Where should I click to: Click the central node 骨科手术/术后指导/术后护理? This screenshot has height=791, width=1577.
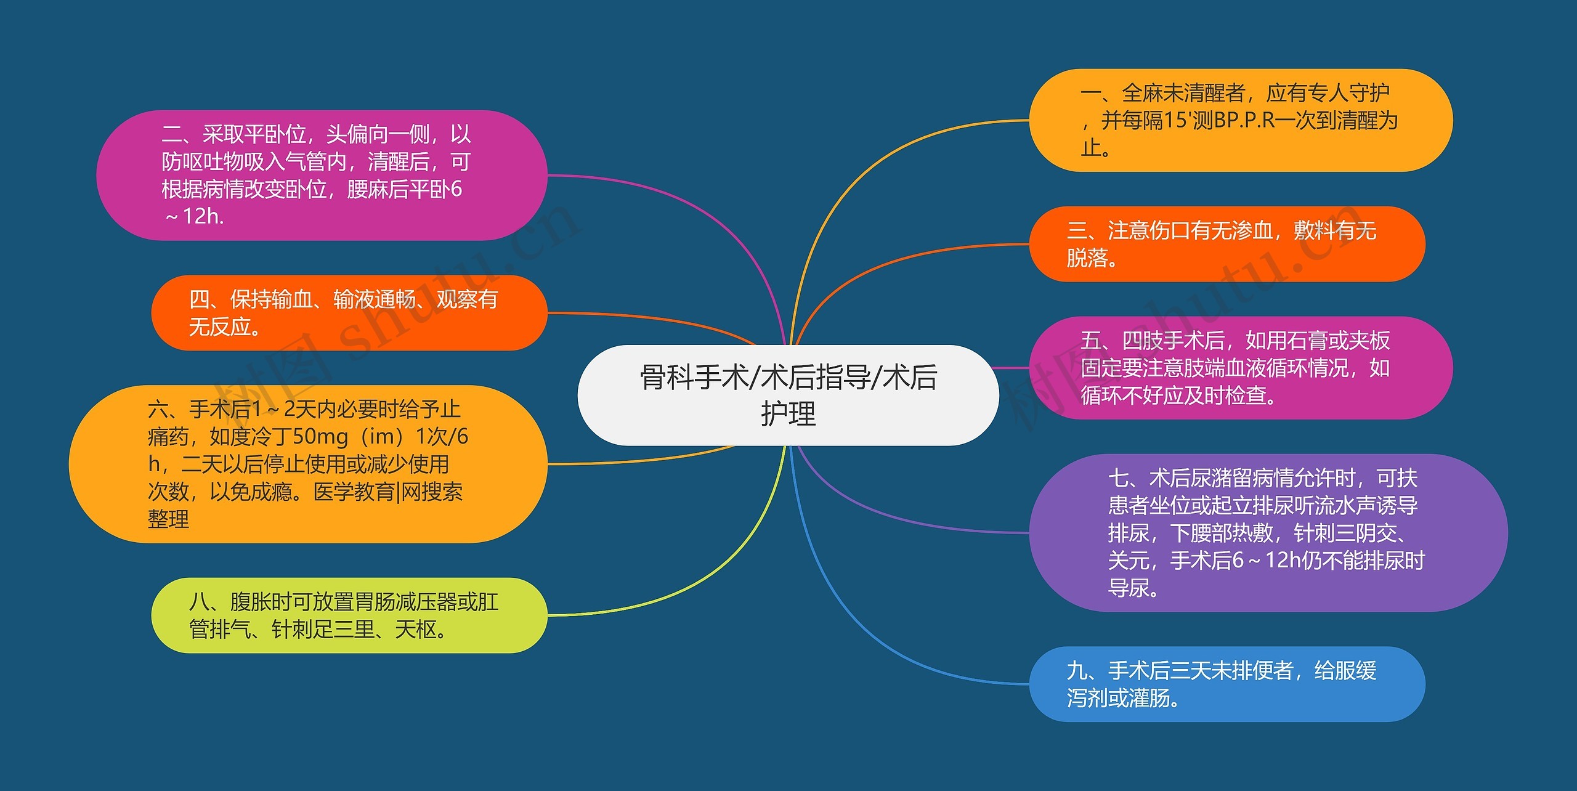point(788,395)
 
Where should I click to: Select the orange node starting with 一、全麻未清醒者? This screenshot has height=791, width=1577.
point(1240,121)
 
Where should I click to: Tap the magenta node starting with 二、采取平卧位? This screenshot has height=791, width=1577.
point(322,175)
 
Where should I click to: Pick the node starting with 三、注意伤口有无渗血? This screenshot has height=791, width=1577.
point(1226,244)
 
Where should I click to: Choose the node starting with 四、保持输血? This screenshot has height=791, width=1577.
point(349,313)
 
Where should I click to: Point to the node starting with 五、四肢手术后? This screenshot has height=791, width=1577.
point(1240,368)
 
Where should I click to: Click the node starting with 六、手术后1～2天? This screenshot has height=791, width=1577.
point(307,464)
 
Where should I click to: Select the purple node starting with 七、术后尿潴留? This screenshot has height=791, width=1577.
point(1268,533)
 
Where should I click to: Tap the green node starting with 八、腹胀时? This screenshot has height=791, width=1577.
point(349,615)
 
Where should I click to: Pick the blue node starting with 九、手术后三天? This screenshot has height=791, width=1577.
point(1226,684)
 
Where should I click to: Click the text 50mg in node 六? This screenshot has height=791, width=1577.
point(320,437)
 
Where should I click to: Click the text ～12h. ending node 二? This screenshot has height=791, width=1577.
point(193,216)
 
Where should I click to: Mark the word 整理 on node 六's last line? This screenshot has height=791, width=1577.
point(168,519)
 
